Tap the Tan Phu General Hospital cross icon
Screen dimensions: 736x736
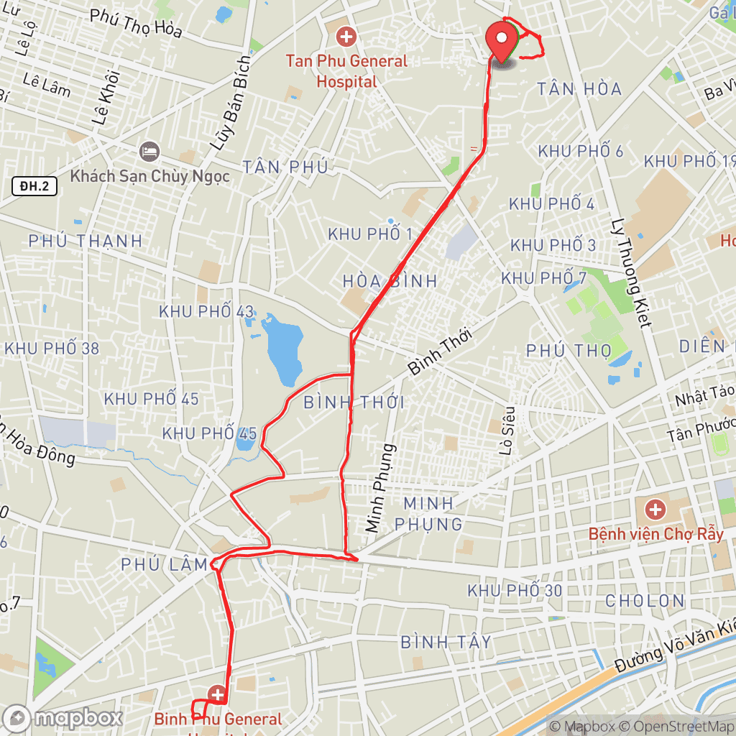point(346,35)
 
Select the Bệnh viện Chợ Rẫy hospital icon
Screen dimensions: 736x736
point(655,511)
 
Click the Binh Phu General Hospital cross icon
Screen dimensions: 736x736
point(218,694)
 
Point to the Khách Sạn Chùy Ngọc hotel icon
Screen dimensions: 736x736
point(149,152)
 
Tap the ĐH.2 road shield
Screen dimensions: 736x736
point(34,187)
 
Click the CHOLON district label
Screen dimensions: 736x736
point(645,600)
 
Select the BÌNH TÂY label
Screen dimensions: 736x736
point(446,641)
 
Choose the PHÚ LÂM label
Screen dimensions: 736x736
point(165,565)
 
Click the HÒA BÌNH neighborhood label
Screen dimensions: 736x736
point(390,281)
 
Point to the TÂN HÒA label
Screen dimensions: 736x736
point(579,89)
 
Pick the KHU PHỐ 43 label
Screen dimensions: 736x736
point(206,312)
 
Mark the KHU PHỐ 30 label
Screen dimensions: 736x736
point(515,590)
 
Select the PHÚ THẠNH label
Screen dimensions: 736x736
point(86,241)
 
